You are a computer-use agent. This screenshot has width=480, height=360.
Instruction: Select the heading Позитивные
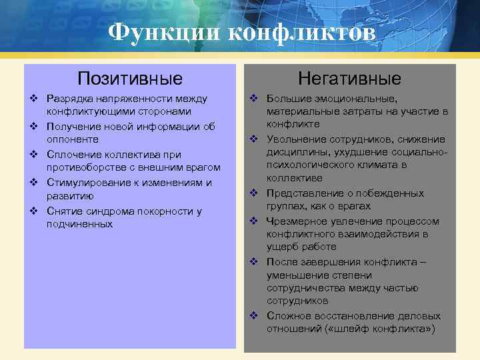click(130, 79)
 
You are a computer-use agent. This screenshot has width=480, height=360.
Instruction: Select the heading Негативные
click(349, 79)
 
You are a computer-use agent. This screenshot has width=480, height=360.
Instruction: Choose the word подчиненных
click(79, 225)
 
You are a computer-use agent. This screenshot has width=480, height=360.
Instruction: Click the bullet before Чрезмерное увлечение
click(253, 221)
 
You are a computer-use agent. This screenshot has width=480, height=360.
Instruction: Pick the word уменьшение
click(297, 275)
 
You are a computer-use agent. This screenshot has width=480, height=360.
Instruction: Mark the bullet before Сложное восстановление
click(253, 315)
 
